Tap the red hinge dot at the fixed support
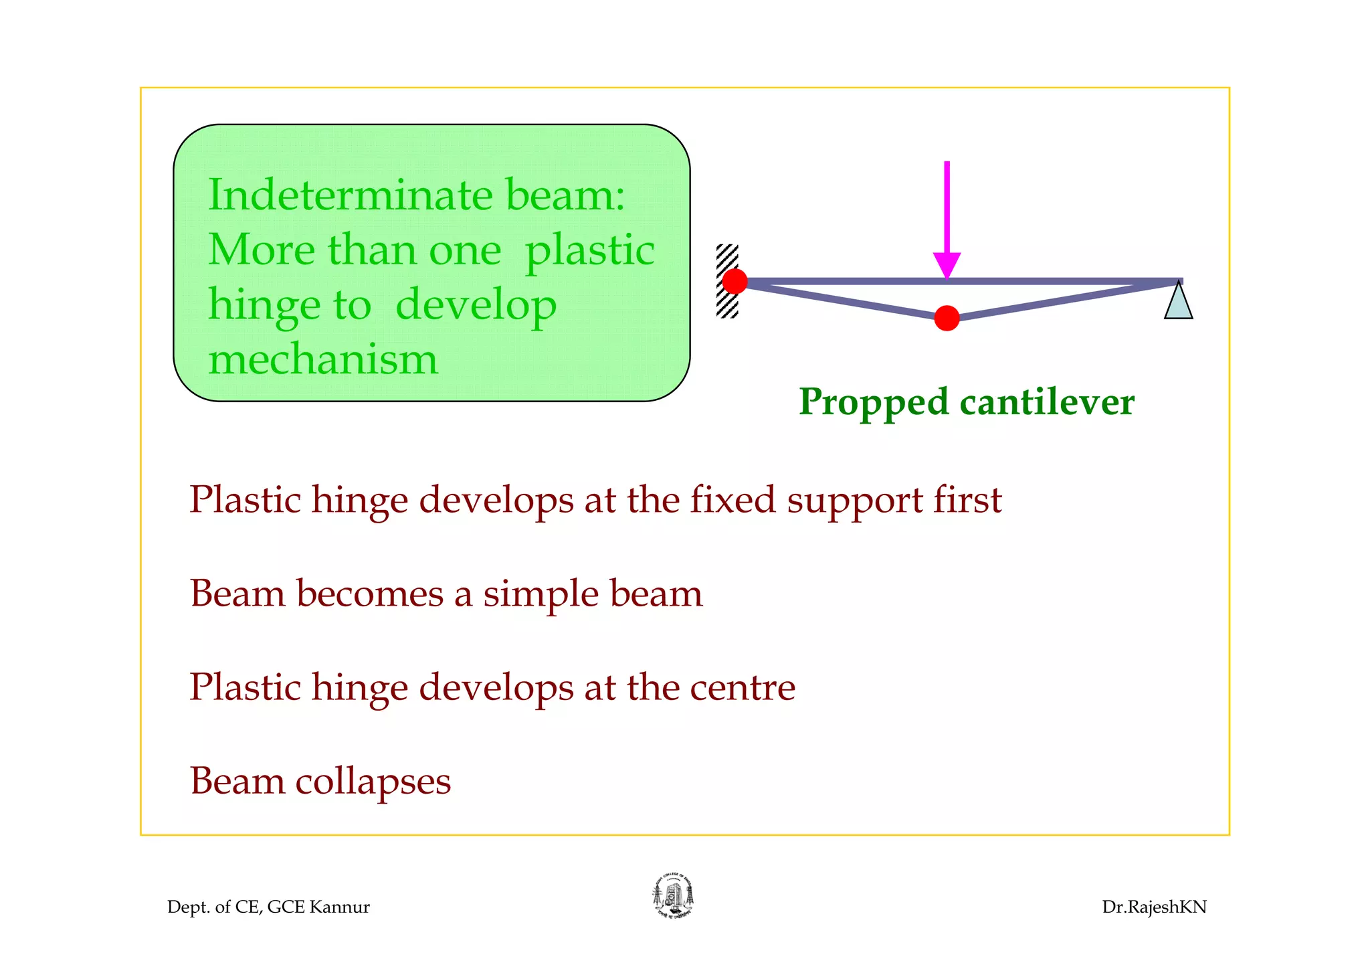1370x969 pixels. (735, 281)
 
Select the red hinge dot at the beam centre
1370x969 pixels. (947, 318)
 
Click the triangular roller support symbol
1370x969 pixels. (1178, 302)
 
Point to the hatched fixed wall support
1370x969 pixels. (726, 281)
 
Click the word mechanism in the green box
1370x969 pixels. (323, 359)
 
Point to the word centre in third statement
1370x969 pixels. (743, 688)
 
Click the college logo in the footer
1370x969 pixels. (673, 896)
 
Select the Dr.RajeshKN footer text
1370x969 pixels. (1154, 907)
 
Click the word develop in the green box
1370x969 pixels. (476, 306)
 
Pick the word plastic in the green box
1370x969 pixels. (589, 251)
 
